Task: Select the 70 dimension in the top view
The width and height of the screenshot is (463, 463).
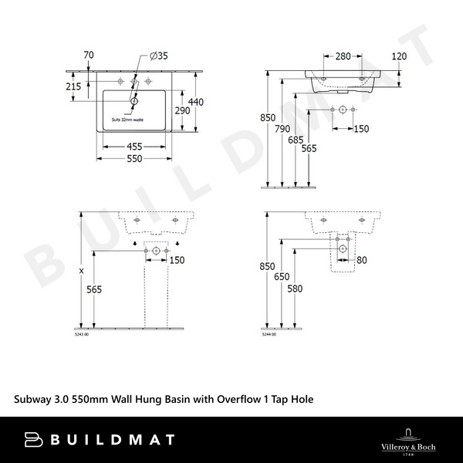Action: pos(88,55)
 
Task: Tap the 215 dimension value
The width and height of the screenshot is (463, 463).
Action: pos(73,87)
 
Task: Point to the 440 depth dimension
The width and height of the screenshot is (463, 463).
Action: pos(196,102)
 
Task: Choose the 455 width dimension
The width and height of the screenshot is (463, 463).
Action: pos(134,145)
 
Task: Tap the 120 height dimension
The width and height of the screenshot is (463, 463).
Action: pos(399,56)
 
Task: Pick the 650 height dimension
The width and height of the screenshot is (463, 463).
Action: pos(284,275)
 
